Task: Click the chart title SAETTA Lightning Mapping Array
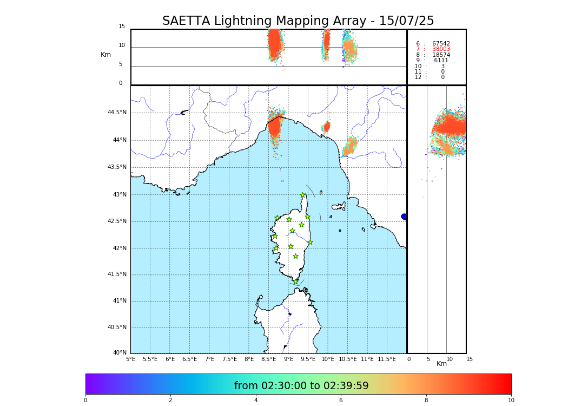[298, 21]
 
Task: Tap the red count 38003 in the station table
[441, 49]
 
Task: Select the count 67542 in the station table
[441, 43]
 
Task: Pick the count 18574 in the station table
[441, 55]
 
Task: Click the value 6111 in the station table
[441, 61]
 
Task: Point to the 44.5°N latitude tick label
[116, 113]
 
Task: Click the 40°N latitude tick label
[120, 353]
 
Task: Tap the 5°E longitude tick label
[131, 359]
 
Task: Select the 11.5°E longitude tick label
[387, 359]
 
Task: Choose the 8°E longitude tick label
[249, 359]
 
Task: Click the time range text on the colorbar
[301, 386]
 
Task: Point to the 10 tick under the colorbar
[511, 400]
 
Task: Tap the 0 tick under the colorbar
[85, 400]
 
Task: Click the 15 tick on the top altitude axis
[122, 27]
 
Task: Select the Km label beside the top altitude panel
[105, 55]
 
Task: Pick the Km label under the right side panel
[441, 364]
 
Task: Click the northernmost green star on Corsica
[303, 195]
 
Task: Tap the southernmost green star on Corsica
[295, 281]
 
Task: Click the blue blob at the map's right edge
[404, 217]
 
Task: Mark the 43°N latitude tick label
[120, 194]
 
